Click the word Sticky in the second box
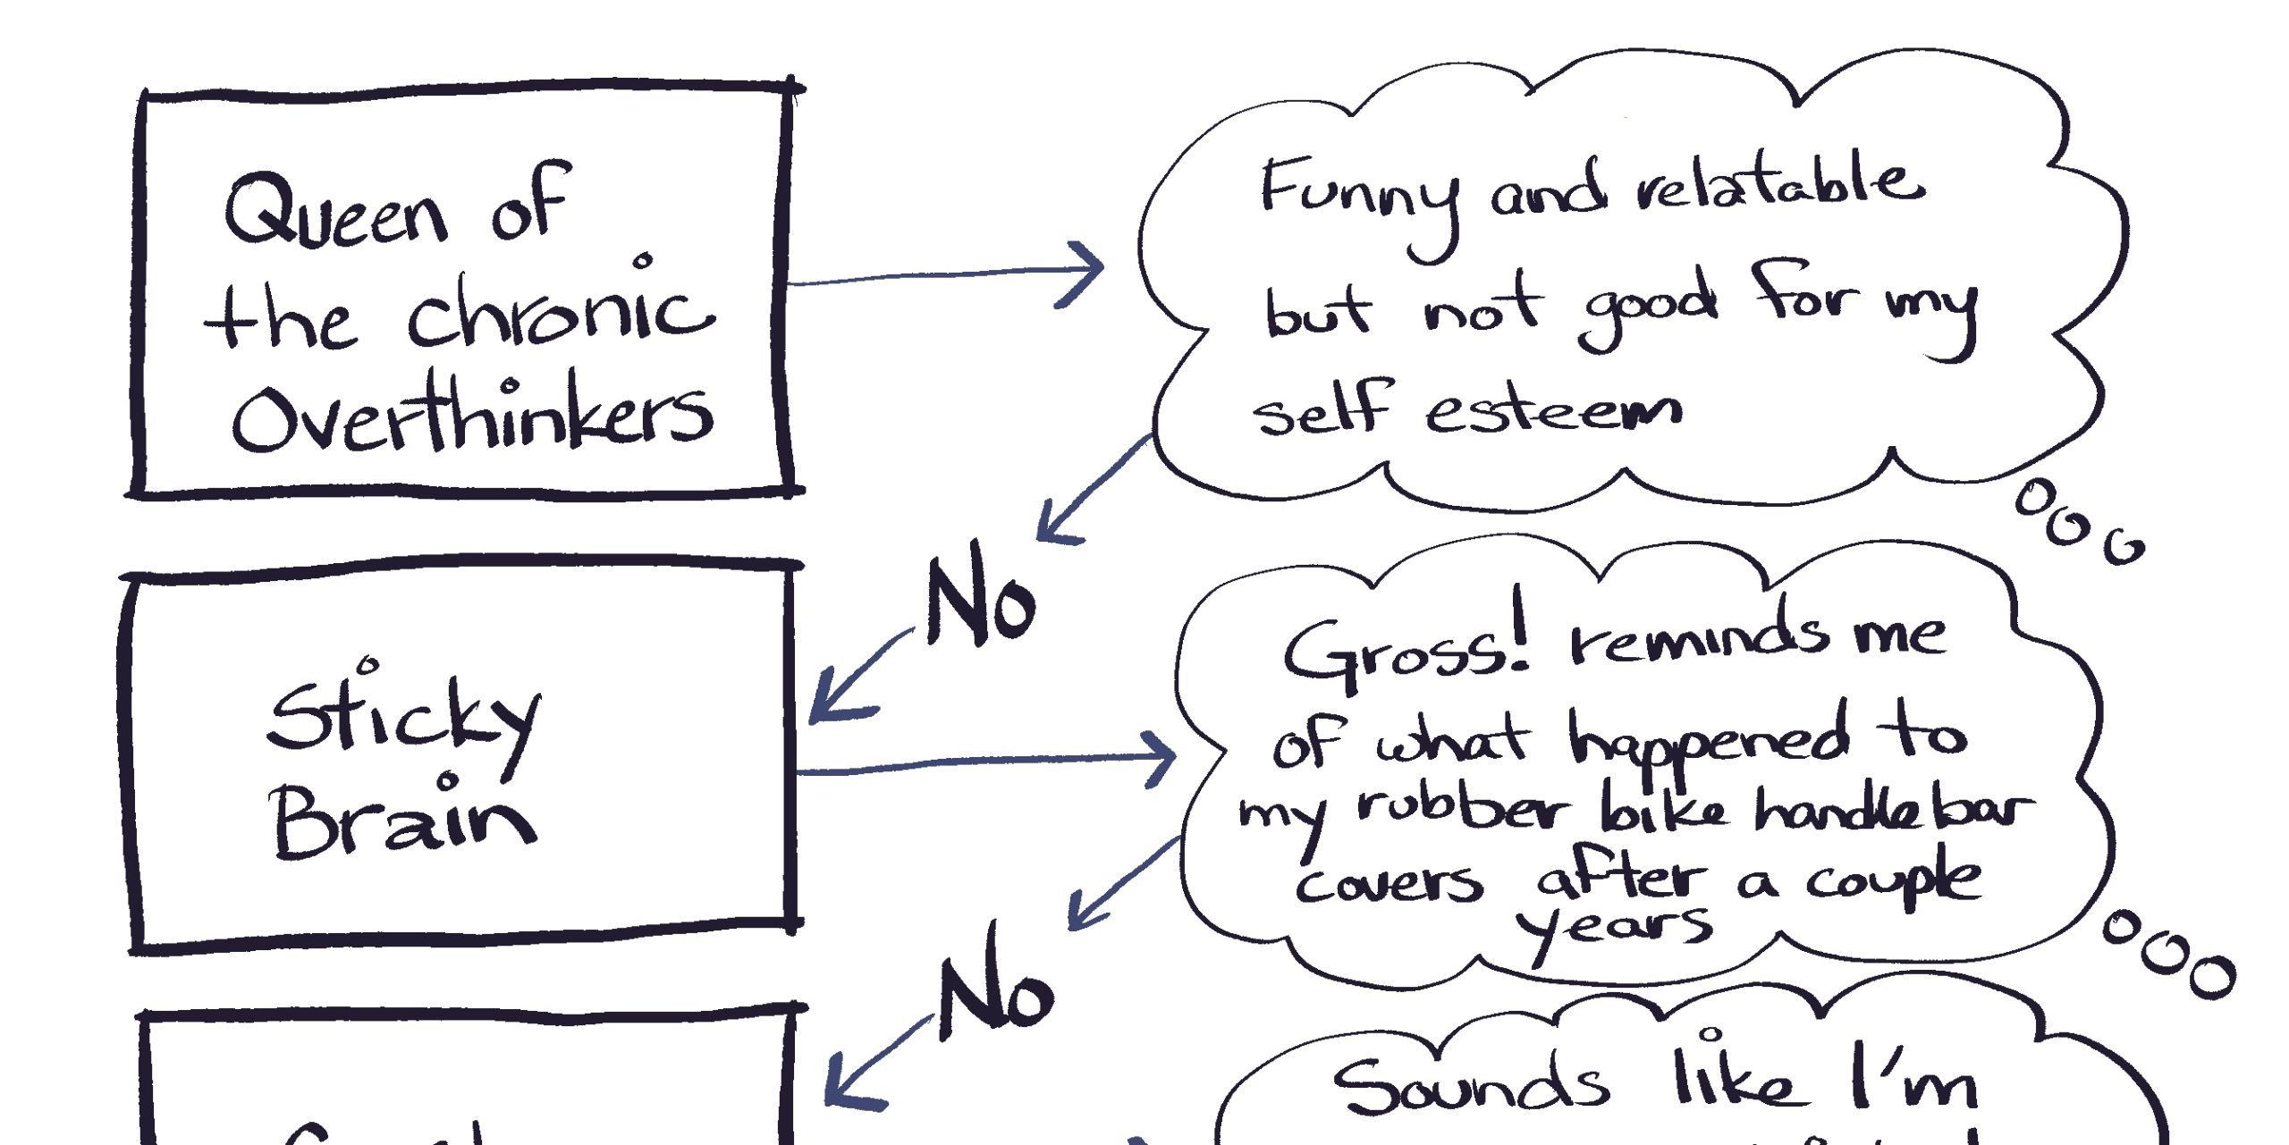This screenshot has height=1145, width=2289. pos(402,720)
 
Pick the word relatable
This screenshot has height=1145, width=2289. pos(1779,188)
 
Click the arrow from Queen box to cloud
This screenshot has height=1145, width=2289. pos(948,273)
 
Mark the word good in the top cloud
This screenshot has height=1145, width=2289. pos(1650,308)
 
